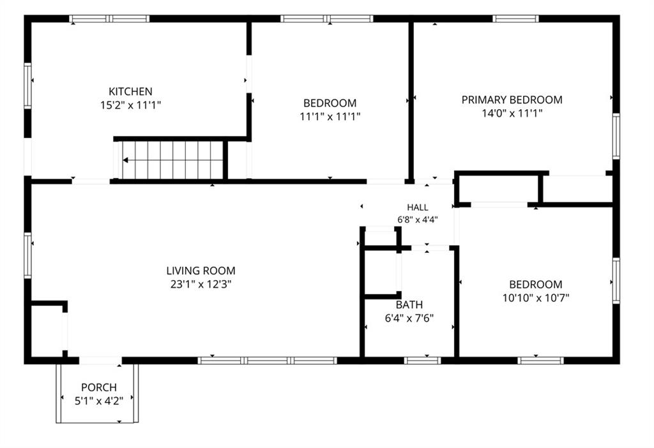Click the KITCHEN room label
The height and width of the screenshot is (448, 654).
[x=130, y=91]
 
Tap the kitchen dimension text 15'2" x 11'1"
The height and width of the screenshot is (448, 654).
[x=130, y=105]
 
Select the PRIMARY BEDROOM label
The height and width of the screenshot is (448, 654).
[x=512, y=100]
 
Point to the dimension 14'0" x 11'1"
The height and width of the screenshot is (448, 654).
[x=512, y=114]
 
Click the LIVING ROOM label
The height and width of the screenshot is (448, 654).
[x=201, y=271]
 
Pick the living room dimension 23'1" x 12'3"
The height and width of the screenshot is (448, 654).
[x=201, y=285]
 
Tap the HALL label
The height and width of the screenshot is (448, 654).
[x=418, y=207]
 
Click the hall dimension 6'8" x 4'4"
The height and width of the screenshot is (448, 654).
[x=418, y=220]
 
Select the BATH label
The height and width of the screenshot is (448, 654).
[x=409, y=304]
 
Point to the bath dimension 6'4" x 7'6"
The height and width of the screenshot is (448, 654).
[x=409, y=318]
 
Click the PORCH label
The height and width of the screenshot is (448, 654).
[x=99, y=387]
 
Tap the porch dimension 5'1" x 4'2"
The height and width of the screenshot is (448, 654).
[x=99, y=401]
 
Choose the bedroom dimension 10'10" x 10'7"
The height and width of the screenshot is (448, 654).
[x=536, y=298]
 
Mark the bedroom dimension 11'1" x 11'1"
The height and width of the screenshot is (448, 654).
[x=330, y=117]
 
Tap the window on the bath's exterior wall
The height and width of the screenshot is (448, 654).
[x=423, y=361]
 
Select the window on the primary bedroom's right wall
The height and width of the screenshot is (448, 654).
[x=616, y=137]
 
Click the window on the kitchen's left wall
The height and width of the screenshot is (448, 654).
[x=27, y=86]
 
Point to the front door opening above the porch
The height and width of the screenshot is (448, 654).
[x=100, y=361]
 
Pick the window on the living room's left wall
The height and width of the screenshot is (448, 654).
[x=27, y=255]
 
